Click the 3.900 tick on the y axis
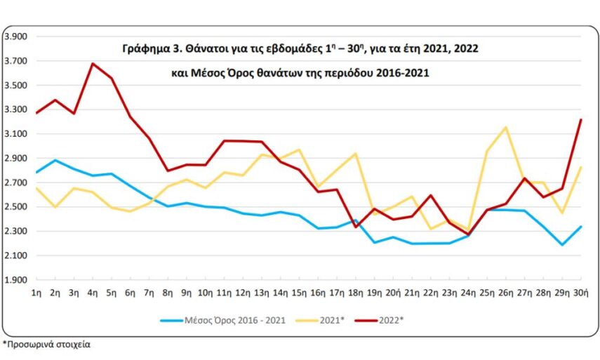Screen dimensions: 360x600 coord(15,36)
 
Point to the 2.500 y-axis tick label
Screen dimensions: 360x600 coord(15,207)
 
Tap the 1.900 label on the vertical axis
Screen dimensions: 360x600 coord(15,280)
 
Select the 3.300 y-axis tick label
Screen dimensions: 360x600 coord(15,109)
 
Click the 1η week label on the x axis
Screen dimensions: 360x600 coord(36,291)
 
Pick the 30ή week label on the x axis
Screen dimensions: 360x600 coord(580,291)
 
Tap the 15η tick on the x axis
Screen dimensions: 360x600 coord(299,291)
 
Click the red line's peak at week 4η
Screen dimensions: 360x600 coord(93,64)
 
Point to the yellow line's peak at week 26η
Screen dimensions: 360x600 coord(505,128)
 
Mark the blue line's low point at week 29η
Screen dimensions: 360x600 coord(561,245)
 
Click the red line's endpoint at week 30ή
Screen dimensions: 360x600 coord(580,120)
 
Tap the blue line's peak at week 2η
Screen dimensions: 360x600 coord(55,160)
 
